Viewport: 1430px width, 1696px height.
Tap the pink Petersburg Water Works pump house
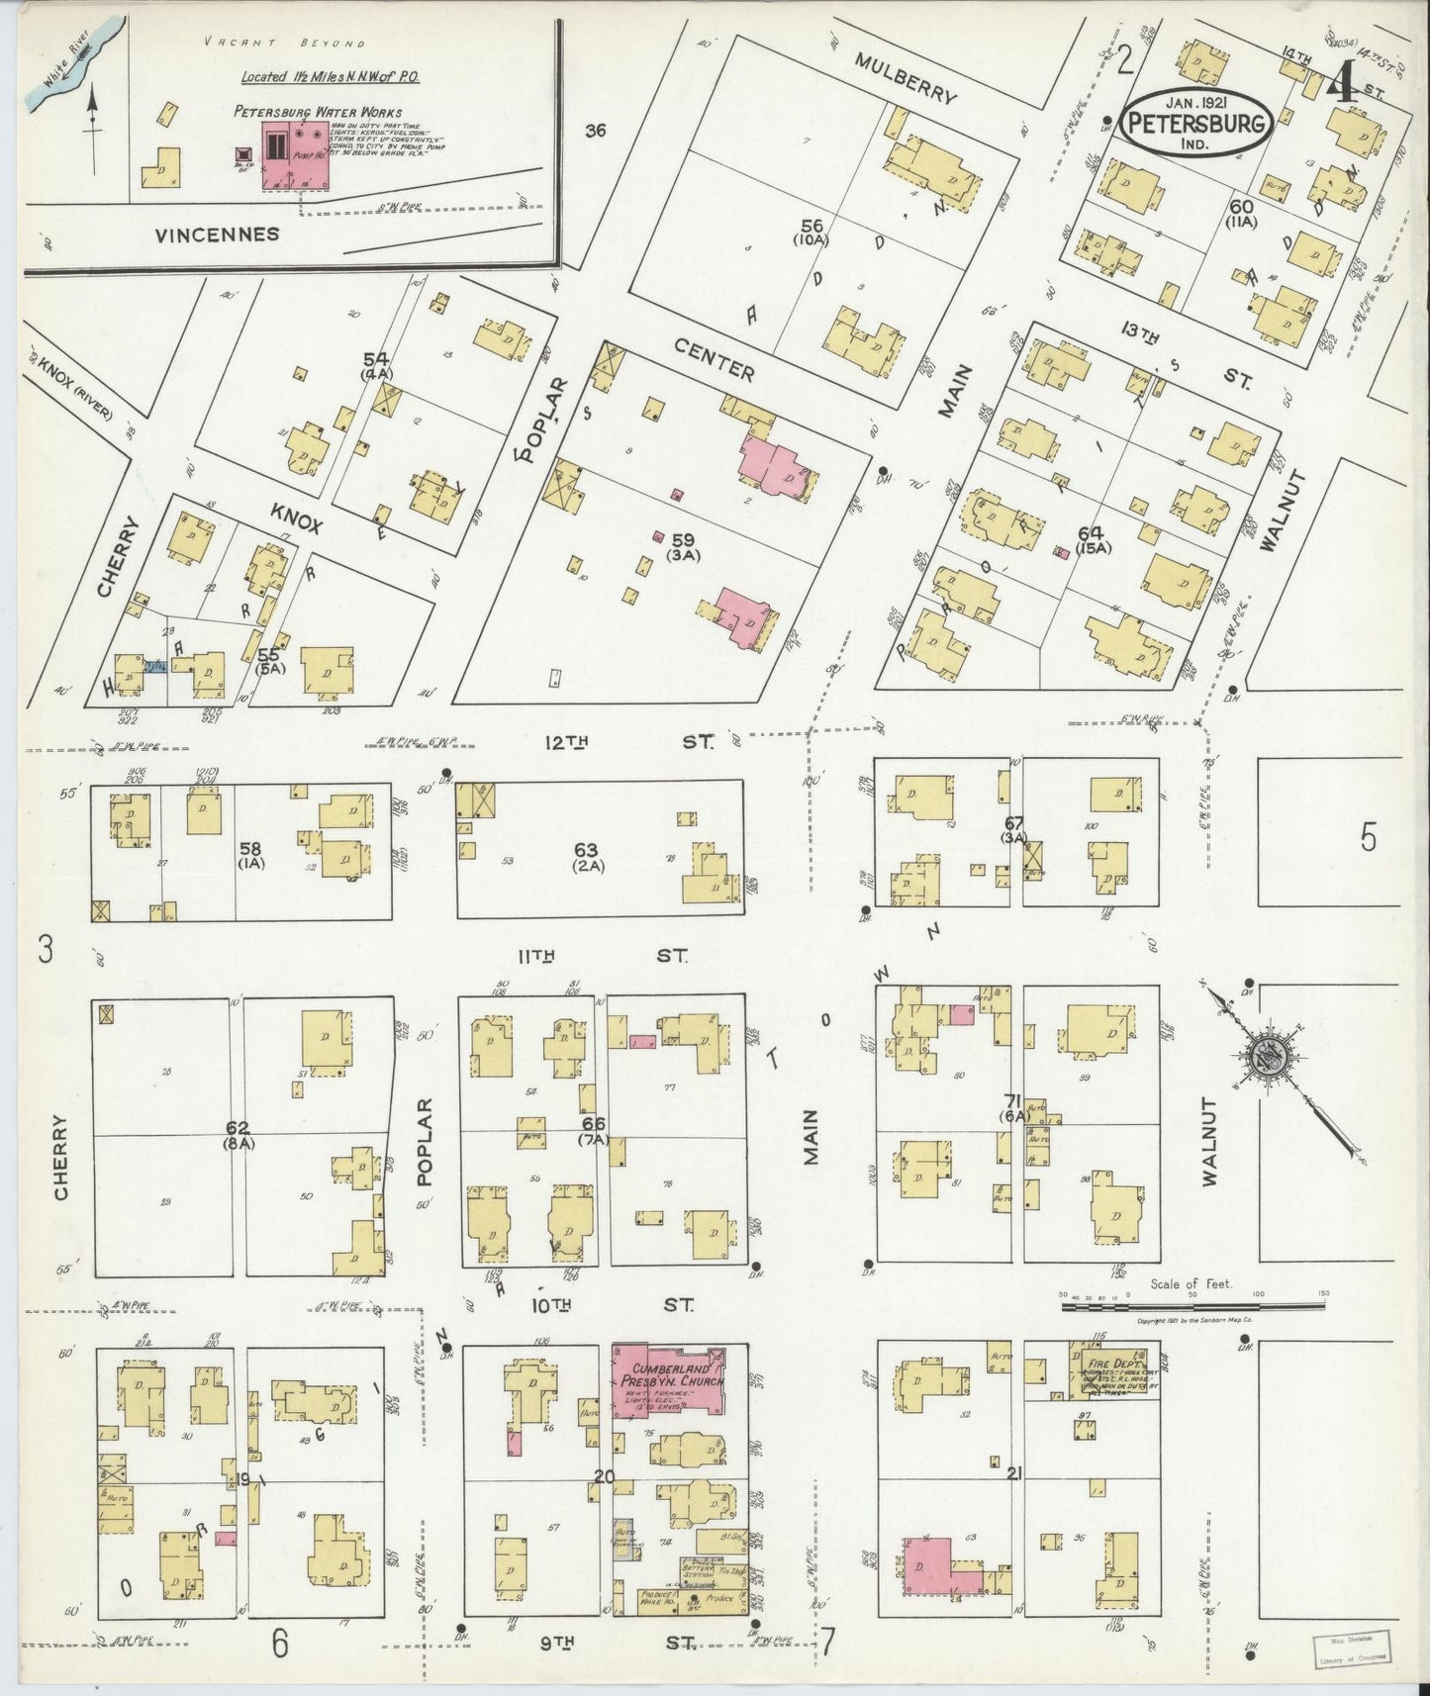294,157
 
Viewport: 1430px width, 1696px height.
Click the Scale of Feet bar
1192,1305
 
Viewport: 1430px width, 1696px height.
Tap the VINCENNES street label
217,235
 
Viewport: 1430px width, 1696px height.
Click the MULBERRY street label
906,78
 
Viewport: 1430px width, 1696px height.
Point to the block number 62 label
238,1127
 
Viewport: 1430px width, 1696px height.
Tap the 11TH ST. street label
603,956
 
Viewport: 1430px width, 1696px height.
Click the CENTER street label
714,358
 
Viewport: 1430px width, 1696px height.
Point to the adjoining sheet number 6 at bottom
280,1644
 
